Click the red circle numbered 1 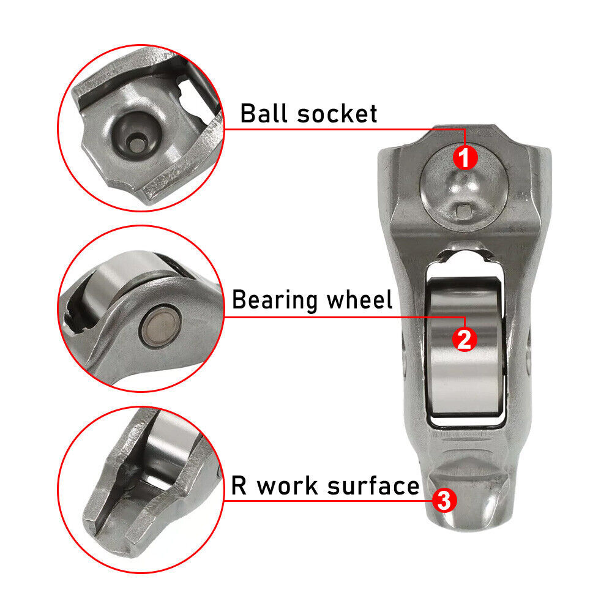(464, 158)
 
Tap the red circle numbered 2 (464, 338)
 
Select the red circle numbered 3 (444, 500)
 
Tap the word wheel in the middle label (359, 300)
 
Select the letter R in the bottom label (239, 486)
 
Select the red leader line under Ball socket (343, 129)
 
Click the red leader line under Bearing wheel (343, 316)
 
